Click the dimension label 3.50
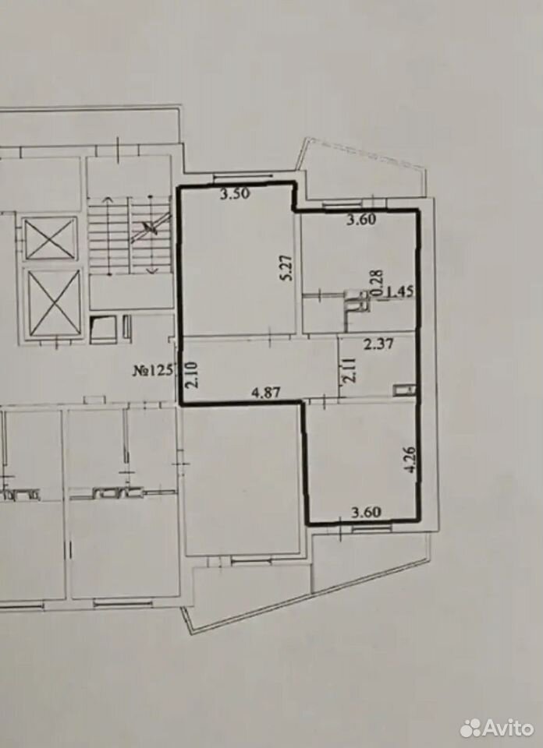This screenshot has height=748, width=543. click(235, 194)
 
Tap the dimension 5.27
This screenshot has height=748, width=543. click(287, 270)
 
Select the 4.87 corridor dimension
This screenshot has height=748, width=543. click(266, 392)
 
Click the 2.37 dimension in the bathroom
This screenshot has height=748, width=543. click(378, 344)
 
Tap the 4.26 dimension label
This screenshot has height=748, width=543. click(410, 459)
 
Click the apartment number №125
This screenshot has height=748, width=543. click(152, 371)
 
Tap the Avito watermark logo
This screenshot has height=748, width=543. click(497, 728)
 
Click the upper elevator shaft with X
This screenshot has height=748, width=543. click(50, 238)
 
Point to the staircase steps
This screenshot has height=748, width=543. click(130, 235)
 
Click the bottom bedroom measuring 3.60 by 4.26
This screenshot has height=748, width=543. click(361, 460)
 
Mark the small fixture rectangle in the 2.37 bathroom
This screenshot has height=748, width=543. click(404, 390)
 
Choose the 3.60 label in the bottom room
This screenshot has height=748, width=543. click(367, 513)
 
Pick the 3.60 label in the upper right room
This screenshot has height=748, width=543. click(361, 220)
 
